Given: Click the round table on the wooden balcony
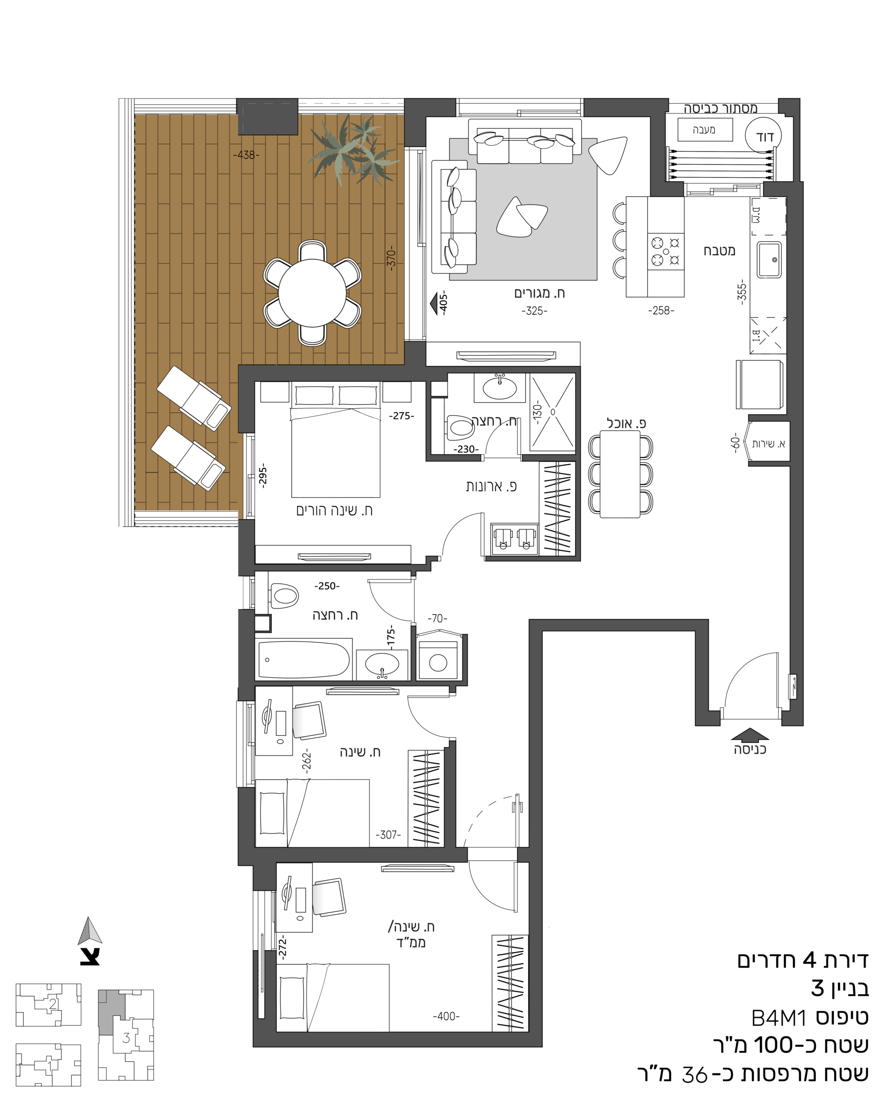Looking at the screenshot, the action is (x=312, y=293).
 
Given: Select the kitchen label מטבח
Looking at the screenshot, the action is (x=719, y=251).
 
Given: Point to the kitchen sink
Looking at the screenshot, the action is (x=769, y=260).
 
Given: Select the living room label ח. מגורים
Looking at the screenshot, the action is (x=539, y=293).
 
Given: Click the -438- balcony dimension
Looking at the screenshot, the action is (x=247, y=154).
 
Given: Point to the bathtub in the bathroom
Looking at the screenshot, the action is (x=305, y=660).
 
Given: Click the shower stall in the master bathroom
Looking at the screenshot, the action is (x=552, y=412).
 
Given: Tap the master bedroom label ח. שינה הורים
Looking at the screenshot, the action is (x=334, y=510).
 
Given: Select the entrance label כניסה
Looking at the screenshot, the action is (x=750, y=750).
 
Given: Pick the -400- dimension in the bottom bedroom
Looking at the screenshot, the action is (x=446, y=1016).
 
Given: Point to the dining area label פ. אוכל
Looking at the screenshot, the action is (x=626, y=423).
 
